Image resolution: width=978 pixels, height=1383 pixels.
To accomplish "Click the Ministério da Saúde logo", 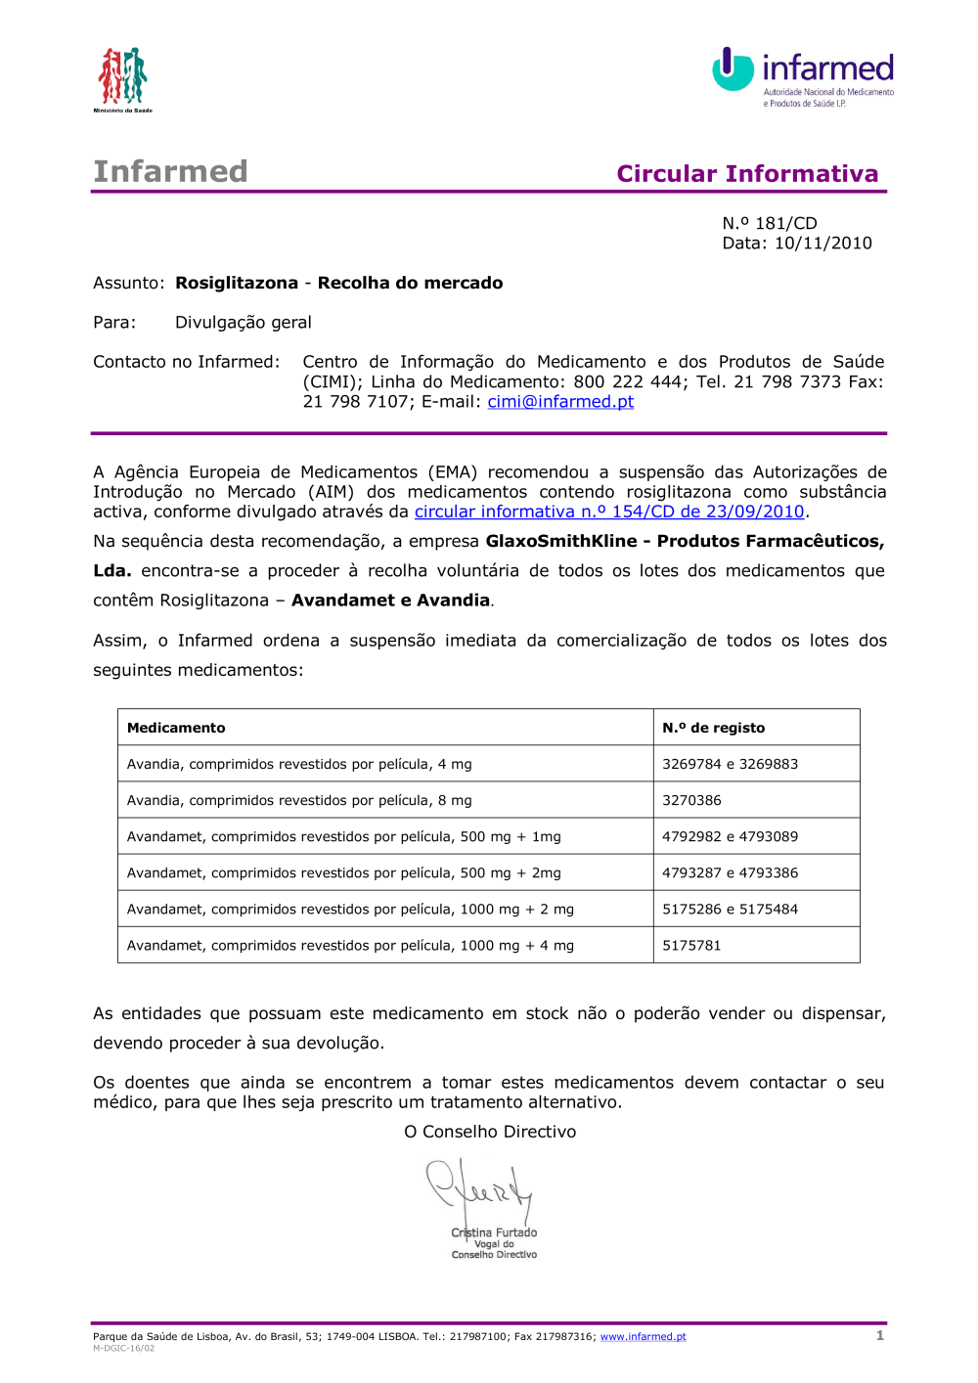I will (x=122, y=78).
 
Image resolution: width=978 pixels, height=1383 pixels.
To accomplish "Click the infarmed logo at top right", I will (x=802, y=76).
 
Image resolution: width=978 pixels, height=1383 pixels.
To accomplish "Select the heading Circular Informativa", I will (x=747, y=174).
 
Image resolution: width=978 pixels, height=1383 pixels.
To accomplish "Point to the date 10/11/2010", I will (x=822, y=244).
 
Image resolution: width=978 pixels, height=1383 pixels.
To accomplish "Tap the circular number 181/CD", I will (x=785, y=224).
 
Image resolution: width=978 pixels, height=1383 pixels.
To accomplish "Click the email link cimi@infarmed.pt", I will (x=560, y=402).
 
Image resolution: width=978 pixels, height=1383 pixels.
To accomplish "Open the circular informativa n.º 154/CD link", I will (x=608, y=512).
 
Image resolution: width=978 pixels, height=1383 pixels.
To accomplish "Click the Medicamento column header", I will (x=176, y=728).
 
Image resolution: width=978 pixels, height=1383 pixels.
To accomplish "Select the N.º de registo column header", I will (x=713, y=728).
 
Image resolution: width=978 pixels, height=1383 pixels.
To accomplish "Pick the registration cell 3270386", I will (x=691, y=800).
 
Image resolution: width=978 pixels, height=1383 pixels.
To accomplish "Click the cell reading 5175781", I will (x=691, y=946).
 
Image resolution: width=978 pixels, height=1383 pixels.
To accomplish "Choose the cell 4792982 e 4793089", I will (x=730, y=836).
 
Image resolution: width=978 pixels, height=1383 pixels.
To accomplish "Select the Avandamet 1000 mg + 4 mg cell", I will (x=350, y=946).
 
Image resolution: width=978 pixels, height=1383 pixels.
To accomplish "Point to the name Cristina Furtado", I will (x=494, y=1232).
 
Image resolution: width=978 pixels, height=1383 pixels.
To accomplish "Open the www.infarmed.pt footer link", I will (x=643, y=1337).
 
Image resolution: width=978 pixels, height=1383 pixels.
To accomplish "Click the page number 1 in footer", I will (x=880, y=1335).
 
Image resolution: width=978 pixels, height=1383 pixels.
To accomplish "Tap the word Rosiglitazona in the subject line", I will (x=237, y=284).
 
